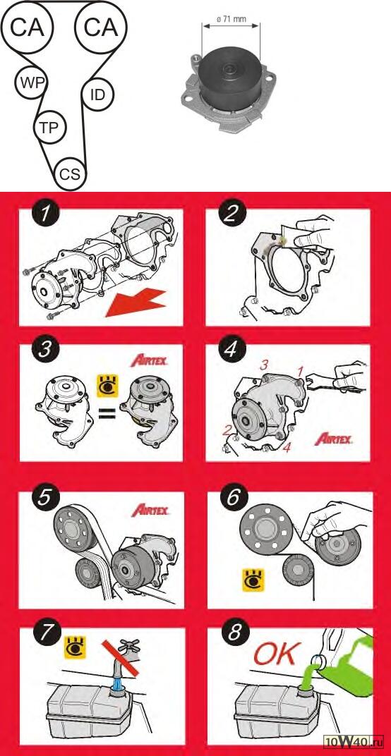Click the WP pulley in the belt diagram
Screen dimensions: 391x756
pyautogui.click(x=31, y=82)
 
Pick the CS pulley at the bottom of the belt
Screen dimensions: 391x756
pyautogui.click(x=71, y=173)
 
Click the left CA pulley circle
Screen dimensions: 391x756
pyautogui.click(x=28, y=28)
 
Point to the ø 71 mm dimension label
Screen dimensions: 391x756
pyautogui.click(x=231, y=20)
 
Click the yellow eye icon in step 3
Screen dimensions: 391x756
pyautogui.click(x=108, y=386)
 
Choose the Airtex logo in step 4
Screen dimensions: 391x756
pyautogui.click(x=333, y=439)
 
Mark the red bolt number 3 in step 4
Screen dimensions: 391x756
pyautogui.click(x=263, y=365)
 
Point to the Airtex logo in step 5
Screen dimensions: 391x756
pyautogui.click(x=150, y=510)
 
